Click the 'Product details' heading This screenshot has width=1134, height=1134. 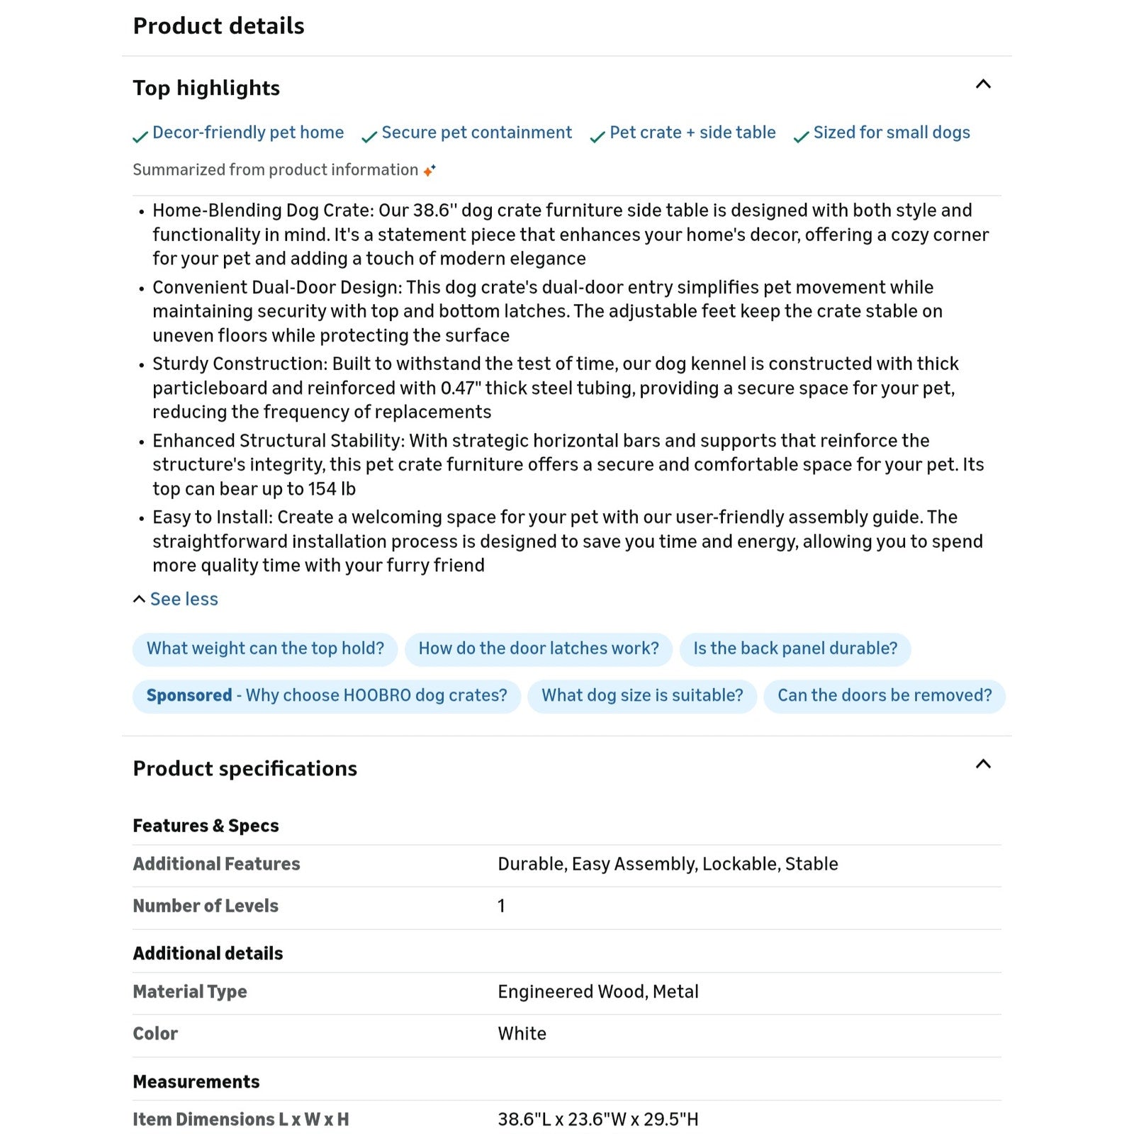[x=218, y=26]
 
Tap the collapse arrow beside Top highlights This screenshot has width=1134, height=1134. [x=983, y=84]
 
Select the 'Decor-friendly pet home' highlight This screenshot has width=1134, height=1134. [x=247, y=133]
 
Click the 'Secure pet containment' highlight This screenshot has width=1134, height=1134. [x=476, y=133]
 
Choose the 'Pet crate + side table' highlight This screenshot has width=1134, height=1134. [x=692, y=133]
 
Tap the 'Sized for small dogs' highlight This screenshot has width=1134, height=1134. [x=891, y=133]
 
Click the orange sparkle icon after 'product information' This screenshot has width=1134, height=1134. [x=430, y=170]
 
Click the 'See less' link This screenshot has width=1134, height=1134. [x=184, y=599]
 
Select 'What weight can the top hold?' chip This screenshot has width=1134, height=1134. [x=265, y=649]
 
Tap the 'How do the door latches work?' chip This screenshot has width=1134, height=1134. [x=538, y=649]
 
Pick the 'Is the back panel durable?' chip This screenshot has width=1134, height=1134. [x=795, y=649]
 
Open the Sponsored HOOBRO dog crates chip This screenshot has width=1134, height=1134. [x=327, y=695]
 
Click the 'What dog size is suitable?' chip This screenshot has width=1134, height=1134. [x=642, y=695]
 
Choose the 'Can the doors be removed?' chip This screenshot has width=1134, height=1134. [x=884, y=695]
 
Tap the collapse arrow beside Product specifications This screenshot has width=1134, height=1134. [x=983, y=764]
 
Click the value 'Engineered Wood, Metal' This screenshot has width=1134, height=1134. [x=597, y=992]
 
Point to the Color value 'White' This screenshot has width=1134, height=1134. [x=522, y=1033]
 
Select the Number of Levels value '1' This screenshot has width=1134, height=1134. [x=501, y=906]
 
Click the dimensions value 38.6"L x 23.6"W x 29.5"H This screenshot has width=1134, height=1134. [x=597, y=1119]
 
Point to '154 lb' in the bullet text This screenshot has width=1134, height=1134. [x=332, y=489]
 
